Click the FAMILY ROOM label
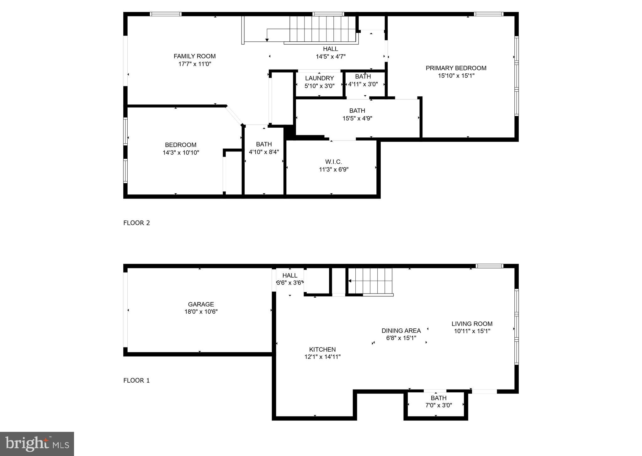pyautogui.click(x=194, y=56)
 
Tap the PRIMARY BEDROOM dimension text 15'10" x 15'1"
pyautogui.click(x=456, y=76)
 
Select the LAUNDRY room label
pyautogui.click(x=319, y=78)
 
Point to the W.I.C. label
pyautogui.click(x=333, y=162)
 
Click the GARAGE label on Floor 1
pyautogui.click(x=201, y=304)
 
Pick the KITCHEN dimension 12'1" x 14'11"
pyautogui.click(x=322, y=357)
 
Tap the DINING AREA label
pyautogui.click(x=401, y=331)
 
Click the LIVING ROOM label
pyautogui.click(x=472, y=324)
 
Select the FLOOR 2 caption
pyautogui.click(x=136, y=223)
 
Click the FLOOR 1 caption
pyautogui.click(x=136, y=380)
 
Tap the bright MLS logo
pyautogui.click(x=37, y=444)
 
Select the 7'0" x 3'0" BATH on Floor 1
pyautogui.click(x=438, y=402)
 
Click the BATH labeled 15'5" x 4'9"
pyautogui.click(x=357, y=114)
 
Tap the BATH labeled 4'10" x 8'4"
pyautogui.click(x=264, y=148)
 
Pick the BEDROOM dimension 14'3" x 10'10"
pyautogui.click(x=181, y=153)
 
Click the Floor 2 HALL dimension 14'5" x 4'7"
pyautogui.click(x=331, y=57)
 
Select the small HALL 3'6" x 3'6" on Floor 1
pyautogui.click(x=289, y=279)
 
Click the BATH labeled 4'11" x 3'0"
pyautogui.click(x=363, y=80)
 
